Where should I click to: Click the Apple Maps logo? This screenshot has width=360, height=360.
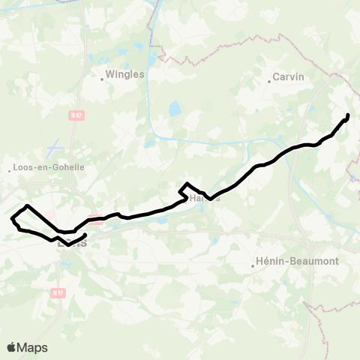[x=27, y=347]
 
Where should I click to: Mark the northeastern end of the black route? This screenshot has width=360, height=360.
[x=348, y=114]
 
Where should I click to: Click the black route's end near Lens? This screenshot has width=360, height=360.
[x=85, y=235]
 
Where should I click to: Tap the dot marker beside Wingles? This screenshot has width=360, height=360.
[x=102, y=76]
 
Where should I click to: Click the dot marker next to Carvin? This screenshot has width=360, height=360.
[x=269, y=82]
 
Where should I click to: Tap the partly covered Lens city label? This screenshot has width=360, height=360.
[x=73, y=241]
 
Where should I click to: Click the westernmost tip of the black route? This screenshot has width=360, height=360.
[x=12, y=219]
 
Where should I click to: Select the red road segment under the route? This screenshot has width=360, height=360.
[x=95, y=220]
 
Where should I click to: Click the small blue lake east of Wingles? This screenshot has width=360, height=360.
[x=175, y=110]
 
